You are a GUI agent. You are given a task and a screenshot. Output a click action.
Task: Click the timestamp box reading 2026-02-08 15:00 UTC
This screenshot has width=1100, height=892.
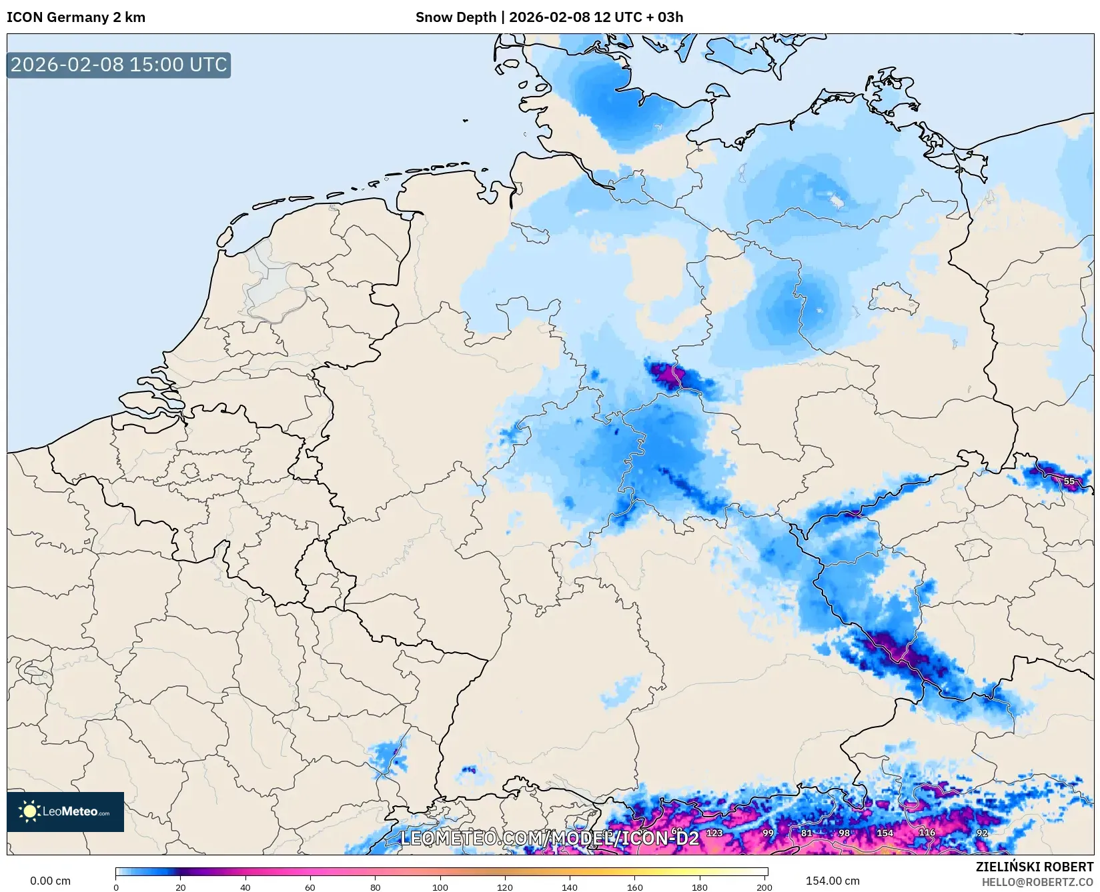click(119, 65)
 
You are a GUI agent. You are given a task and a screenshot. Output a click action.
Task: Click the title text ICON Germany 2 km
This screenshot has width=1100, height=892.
click(76, 17)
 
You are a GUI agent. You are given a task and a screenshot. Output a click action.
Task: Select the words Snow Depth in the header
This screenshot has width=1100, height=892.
click(456, 17)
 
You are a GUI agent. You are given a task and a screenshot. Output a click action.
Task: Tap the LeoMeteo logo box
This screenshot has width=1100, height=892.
click(65, 811)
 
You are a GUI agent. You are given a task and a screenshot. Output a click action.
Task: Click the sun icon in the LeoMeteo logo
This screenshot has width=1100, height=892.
click(29, 811)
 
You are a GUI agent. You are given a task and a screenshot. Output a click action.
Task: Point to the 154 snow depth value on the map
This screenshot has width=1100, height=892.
click(885, 833)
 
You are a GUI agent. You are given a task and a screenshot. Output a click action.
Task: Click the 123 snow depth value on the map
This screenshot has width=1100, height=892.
click(714, 833)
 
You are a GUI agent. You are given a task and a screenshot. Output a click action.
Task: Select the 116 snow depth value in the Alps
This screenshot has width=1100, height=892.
click(927, 832)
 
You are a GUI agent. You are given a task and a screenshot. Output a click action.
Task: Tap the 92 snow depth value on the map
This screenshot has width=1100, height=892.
click(982, 833)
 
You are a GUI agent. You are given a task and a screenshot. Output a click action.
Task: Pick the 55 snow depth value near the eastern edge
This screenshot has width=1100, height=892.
click(1069, 481)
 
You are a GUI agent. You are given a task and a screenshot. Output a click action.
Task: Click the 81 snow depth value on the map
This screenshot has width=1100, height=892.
click(806, 833)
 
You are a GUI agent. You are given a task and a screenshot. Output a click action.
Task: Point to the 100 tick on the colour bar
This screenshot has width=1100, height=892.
click(440, 887)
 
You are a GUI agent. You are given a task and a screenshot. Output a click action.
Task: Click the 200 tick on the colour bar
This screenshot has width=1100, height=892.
click(764, 887)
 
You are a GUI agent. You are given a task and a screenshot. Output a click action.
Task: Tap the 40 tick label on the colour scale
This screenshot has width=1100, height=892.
click(245, 887)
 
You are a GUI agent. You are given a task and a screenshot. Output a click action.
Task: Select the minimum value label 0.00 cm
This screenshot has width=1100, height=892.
click(50, 881)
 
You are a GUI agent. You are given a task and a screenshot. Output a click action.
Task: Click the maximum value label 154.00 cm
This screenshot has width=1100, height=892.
click(832, 881)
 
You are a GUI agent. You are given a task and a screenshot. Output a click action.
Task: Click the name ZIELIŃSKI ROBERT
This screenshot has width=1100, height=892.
click(1035, 867)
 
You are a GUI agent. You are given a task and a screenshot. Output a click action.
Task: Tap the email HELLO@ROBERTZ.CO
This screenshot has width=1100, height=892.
click(1037, 882)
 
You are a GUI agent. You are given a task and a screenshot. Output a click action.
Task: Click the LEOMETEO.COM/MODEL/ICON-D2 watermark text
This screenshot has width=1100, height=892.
click(549, 838)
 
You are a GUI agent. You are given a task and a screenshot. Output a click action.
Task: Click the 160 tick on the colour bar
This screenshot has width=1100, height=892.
click(634, 887)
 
